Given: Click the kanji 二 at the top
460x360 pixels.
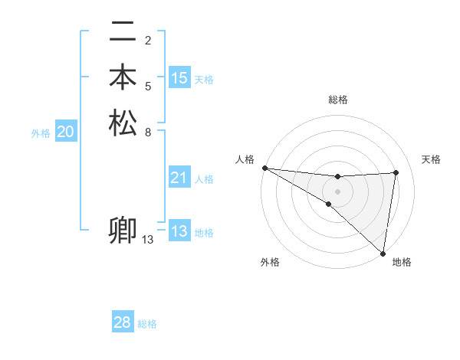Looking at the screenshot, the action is click(x=123, y=33).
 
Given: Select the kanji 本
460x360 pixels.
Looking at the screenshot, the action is click(x=123, y=78).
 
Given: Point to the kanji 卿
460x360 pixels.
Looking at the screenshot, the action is click(x=123, y=231).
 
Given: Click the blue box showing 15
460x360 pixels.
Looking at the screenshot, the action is click(x=179, y=78).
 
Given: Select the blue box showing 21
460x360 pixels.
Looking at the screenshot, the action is click(x=179, y=178).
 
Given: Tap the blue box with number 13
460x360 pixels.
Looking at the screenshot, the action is click(x=179, y=231).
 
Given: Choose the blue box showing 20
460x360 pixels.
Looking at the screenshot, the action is click(x=66, y=133).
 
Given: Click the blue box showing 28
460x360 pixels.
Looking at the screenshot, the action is click(x=123, y=322).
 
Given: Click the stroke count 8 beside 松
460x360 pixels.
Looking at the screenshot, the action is click(x=148, y=131).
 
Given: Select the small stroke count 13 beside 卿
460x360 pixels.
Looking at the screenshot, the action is click(x=148, y=240).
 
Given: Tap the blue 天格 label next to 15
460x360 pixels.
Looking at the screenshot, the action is click(x=204, y=80).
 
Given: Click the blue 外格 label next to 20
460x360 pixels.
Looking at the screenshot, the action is click(x=41, y=133).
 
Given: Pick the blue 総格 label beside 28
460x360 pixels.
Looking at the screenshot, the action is click(x=147, y=324).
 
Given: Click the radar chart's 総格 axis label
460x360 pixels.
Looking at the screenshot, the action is click(x=338, y=100).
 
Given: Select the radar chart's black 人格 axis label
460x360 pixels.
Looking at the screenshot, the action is click(x=245, y=159).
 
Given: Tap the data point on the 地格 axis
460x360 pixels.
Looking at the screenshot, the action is click(x=383, y=253).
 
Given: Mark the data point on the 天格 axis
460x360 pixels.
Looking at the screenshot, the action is click(x=396, y=172).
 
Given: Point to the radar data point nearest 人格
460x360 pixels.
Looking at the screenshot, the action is click(x=264, y=168).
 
